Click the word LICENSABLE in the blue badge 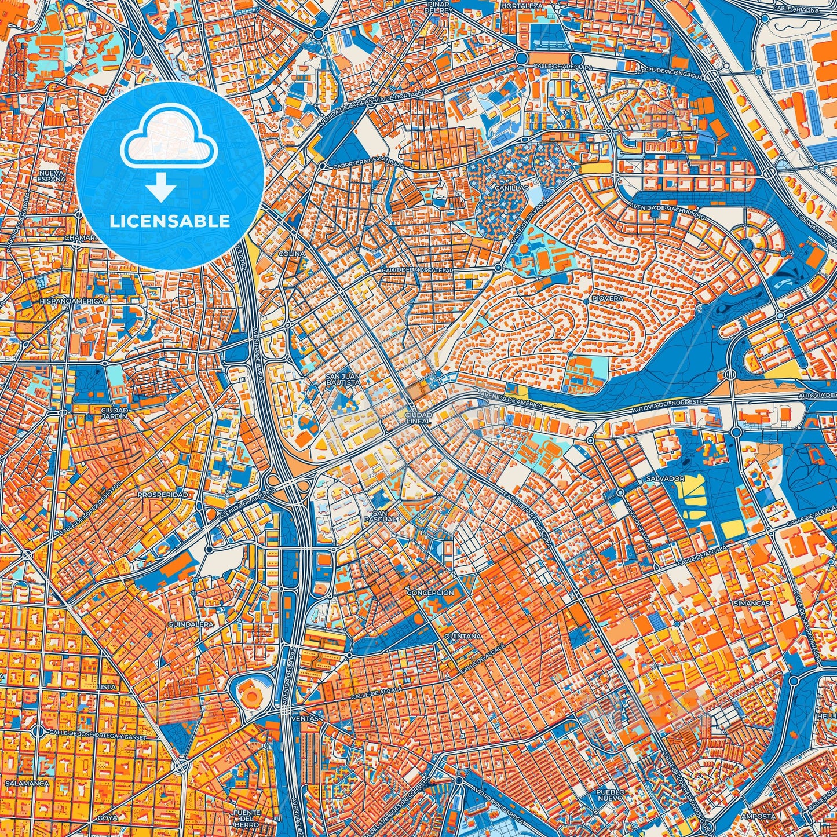click(170, 221)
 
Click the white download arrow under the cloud click(162, 188)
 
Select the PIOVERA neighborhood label click(607, 299)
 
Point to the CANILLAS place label click(511, 188)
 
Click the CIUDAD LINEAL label click(418, 418)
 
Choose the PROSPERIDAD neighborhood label click(162, 495)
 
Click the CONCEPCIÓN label click(430, 593)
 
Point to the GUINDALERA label click(191, 625)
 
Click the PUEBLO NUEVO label click(612, 795)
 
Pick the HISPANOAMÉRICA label click(71, 302)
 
